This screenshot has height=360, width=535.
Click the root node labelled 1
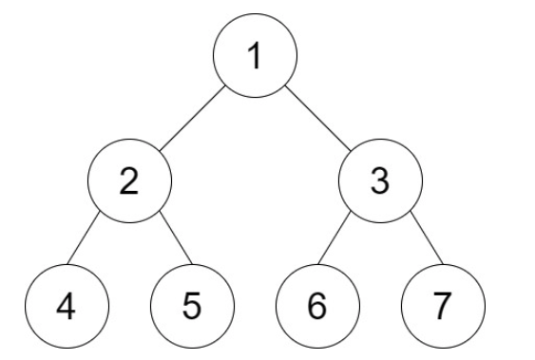[x=255, y=58]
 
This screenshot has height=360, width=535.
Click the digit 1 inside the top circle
[x=254, y=57]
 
